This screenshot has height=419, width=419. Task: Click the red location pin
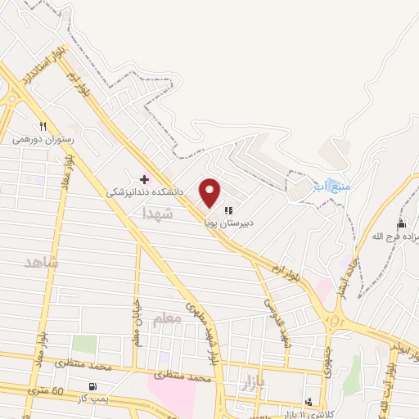pyautogui.click(x=210, y=191)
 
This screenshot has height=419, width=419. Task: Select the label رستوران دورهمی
pyautogui.click(x=43, y=140)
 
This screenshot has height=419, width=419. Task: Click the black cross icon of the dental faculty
pyautogui.click(x=145, y=179)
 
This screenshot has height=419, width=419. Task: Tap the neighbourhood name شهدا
pyautogui.click(x=158, y=213)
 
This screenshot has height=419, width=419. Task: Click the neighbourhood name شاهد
pyautogui.click(x=42, y=263)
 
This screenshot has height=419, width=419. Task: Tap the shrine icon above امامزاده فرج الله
pyautogui.click(x=401, y=224)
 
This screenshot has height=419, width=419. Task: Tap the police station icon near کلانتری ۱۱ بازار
pyautogui.click(x=309, y=401)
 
